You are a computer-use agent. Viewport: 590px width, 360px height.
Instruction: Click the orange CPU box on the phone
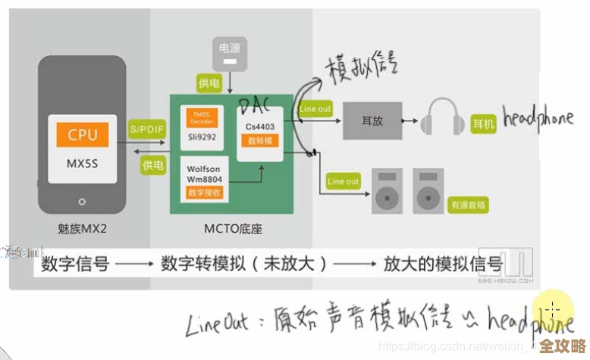(82, 135)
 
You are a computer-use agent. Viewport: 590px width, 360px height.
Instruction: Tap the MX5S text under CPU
(82, 163)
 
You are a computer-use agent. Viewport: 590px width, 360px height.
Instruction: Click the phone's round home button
(82, 202)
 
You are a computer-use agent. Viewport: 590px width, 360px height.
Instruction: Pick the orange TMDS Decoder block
(202, 117)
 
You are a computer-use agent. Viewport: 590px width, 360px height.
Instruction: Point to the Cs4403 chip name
(258, 127)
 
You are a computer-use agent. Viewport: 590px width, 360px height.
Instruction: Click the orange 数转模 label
(258, 141)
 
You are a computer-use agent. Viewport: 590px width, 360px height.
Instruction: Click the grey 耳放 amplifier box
(372, 120)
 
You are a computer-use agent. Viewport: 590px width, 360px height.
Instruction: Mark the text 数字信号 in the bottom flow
(75, 265)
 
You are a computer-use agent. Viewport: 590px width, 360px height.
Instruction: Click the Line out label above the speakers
(343, 181)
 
